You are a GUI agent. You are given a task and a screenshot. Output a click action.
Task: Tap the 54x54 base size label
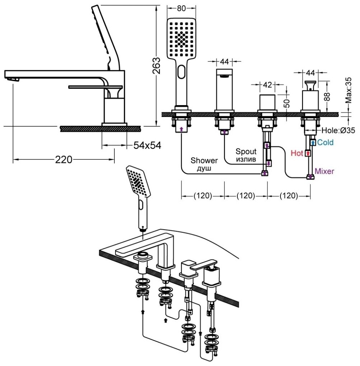(147, 145)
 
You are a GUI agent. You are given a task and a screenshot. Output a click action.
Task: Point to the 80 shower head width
(182, 7)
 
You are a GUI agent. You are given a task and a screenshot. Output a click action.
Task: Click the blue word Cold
(325, 142)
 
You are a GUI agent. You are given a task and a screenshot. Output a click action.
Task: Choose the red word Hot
(297, 154)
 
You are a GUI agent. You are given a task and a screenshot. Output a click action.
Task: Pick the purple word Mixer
(325, 172)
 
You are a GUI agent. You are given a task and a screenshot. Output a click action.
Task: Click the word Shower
(204, 160)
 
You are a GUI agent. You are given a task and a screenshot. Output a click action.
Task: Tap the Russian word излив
(246, 159)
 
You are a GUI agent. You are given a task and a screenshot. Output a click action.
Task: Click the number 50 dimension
(287, 103)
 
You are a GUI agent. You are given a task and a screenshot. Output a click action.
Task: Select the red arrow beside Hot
(307, 154)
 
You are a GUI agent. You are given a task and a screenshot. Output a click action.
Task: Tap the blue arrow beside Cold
(313, 142)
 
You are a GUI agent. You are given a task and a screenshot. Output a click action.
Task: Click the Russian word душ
(204, 168)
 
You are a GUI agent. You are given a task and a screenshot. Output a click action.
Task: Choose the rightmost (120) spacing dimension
(289, 196)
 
